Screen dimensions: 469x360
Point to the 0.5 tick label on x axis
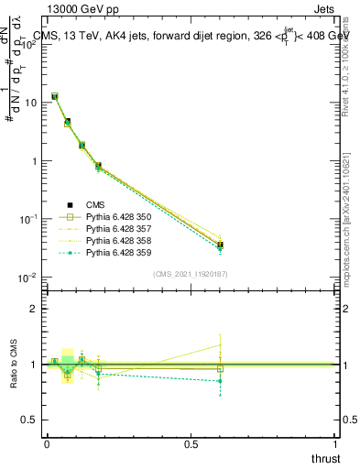pyautogui.click(x=191, y=444)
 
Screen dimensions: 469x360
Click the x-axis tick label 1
pyautogui.click(x=335, y=444)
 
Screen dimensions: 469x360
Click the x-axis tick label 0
pyautogui.click(x=47, y=444)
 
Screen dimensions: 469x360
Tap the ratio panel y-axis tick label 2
pyautogui.click(x=36, y=308)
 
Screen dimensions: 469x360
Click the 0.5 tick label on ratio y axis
pyautogui.click(x=32, y=420)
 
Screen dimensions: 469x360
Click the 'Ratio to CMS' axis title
pyautogui.click(x=13, y=364)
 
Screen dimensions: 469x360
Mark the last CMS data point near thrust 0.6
pyautogui.click(x=220, y=245)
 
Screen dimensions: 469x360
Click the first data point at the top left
pyautogui.click(x=55, y=96)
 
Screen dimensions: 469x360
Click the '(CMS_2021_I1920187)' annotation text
pyautogui.click(x=191, y=273)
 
